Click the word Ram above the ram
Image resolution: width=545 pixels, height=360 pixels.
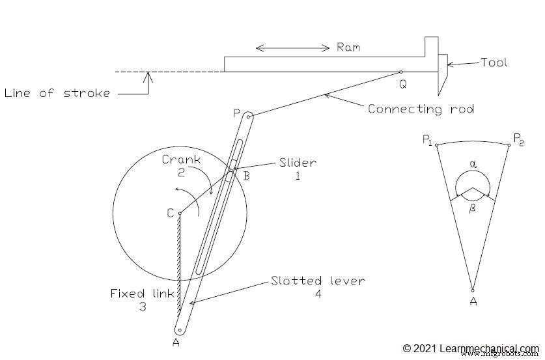click(348, 48)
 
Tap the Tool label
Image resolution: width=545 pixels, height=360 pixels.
click(493, 63)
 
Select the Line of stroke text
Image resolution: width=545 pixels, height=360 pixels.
click(57, 93)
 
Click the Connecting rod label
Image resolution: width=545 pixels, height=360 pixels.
click(421, 109)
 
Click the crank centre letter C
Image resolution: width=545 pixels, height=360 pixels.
click(170, 212)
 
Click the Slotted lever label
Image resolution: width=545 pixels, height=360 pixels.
click(318, 281)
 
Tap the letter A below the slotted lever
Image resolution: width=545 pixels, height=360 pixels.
click(176, 342)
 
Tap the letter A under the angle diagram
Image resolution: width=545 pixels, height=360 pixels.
click(473, 301)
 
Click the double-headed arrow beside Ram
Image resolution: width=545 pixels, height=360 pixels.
click(293, 48)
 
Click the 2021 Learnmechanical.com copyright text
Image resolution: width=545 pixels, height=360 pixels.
click(470, 348)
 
